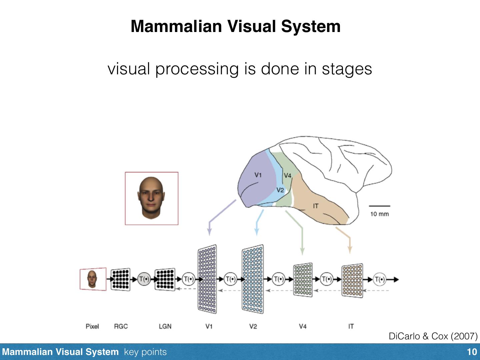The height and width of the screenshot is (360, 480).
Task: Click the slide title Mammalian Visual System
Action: (x=235, y=26)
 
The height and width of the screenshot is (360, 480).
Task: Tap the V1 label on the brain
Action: (x=258, y=175)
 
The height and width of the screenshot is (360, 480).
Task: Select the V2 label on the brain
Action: (x=280, y=190)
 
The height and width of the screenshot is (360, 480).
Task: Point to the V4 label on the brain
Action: (x=287, y=175)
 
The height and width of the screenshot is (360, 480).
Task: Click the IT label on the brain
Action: (x=315, y=206)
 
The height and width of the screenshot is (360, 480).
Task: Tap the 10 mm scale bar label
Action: (x=379, y=214)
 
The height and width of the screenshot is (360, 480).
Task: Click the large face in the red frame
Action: (x=151, y=198)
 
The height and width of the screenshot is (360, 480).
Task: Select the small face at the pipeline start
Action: (x=92, y=279)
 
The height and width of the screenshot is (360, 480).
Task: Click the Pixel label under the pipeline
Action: (x=92, y=326)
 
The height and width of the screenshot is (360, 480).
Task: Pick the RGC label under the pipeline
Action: (x=121, y=326)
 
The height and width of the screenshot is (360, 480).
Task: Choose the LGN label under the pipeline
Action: (x=165, y=326)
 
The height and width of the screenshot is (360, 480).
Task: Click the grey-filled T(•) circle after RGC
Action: (x=144, y=279)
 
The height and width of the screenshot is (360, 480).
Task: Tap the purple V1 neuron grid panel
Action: (x=207, y=279)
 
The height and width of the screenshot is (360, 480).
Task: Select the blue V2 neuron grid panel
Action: (x=252, y=279)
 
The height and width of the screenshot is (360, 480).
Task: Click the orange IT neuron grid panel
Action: (x=352, y=280)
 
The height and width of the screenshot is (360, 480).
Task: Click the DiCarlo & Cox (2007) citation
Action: (x=433, y=336)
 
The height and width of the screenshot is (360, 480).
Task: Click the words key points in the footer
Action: (x=145, y=352)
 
